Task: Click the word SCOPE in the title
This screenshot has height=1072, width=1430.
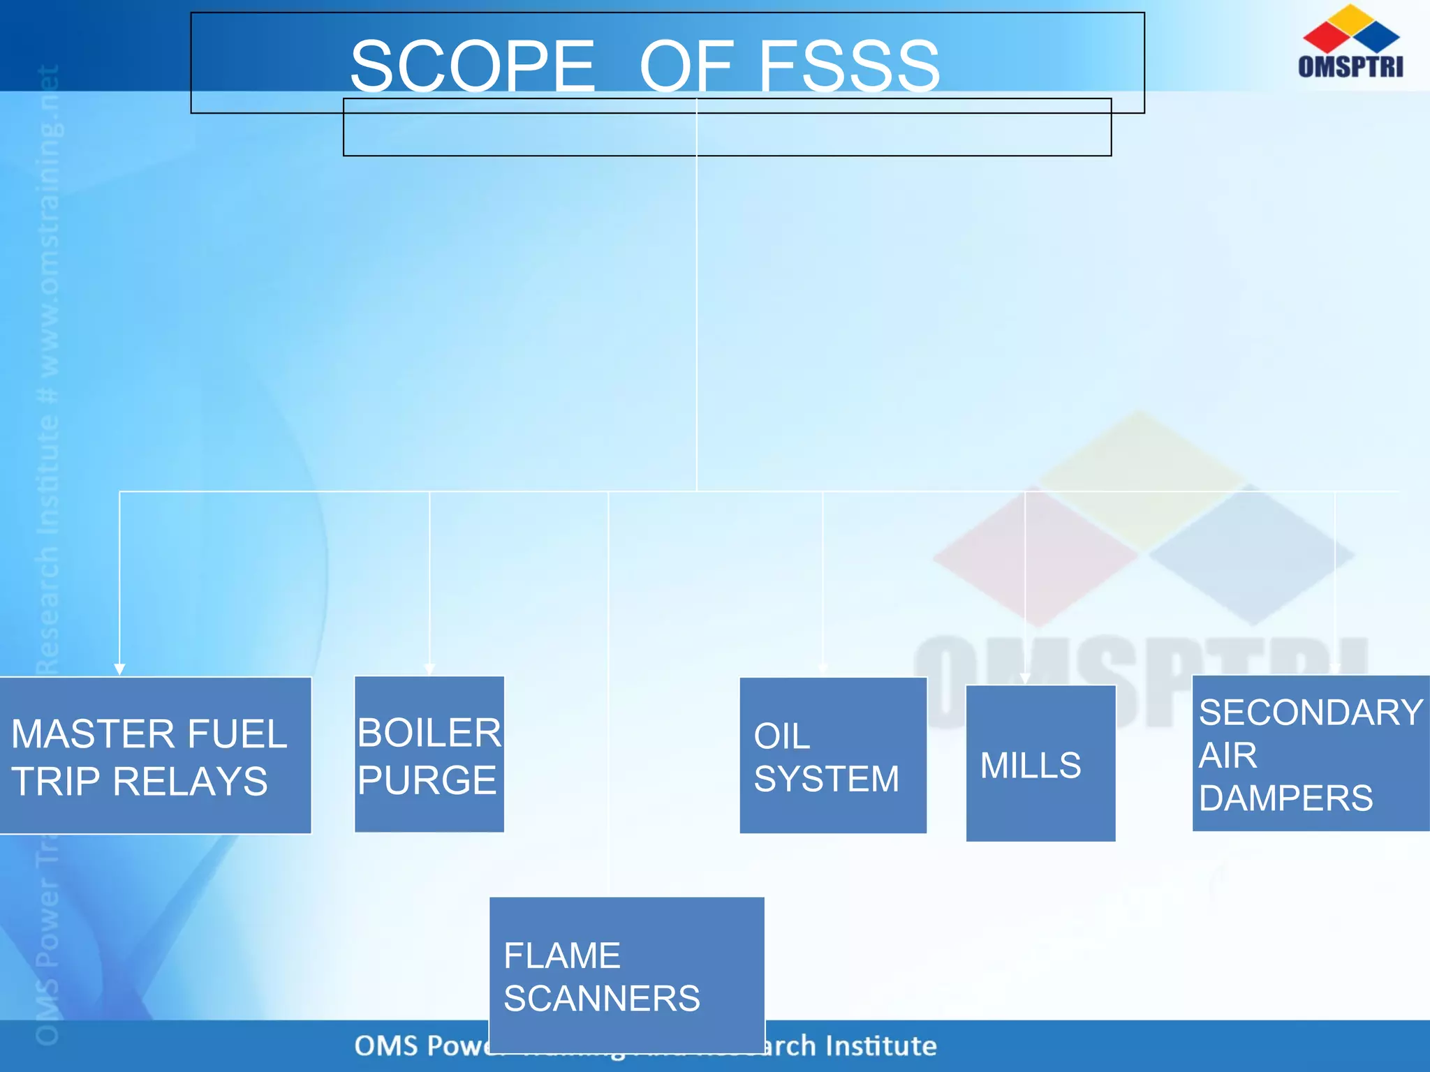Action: pyautogui.click(x=473, y=66)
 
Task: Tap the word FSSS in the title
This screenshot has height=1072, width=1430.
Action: pyautogui.click(x=849, y=66)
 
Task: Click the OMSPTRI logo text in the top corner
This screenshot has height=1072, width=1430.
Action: pyautogui.click(x=1350, y=66)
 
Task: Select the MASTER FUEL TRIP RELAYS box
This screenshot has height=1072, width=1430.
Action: pyautogui.click(x=155, y=755)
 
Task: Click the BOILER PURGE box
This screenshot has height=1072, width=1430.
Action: pyautogui.click(x=429, y=754)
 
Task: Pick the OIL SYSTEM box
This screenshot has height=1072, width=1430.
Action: pyautogui.click(x=833, y=755)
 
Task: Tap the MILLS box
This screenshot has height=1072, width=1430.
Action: pyautogui.click(x=1040, y=764)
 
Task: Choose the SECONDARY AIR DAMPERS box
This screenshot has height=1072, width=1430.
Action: pyautogui.click(x=1311, y=754)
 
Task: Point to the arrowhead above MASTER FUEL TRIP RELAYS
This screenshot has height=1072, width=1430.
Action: pyautogui.click(x=119, y=669)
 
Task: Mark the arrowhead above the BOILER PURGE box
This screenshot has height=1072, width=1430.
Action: pyautogui.click(x=429, y=669)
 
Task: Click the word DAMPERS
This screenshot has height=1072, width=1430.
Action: pyautogui.click(x=1285, y=798)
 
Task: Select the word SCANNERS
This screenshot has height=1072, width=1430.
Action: pyautogui.click(x=602, y=998)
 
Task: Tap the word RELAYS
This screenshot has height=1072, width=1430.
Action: pyautogui.click(x=190, y=781)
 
